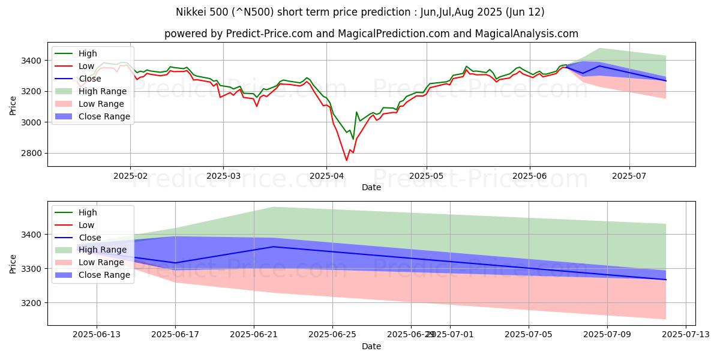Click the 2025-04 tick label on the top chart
coord(326,175)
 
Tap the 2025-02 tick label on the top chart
coord(130,175)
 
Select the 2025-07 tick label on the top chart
coord(629,175)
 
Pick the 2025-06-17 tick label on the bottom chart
coord(175,334)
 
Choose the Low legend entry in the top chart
coord(88,66)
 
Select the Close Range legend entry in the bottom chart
coord(104,275)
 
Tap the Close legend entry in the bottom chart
coord(90,238)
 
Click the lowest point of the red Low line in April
coord(346,160)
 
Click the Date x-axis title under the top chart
coord(371,187)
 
